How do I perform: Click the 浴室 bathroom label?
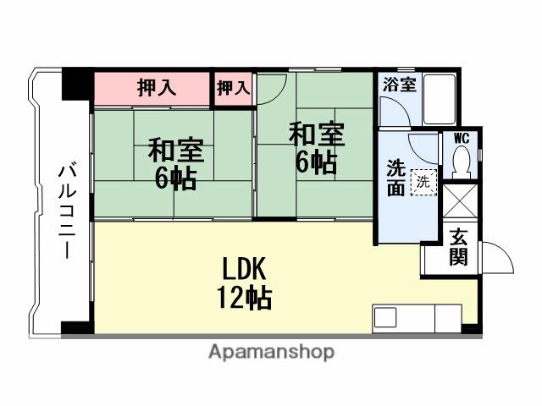tap(398, 85)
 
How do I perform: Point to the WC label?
tap(462, 138)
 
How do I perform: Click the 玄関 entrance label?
tap(457, 247)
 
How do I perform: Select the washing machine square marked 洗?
tap(422, 180)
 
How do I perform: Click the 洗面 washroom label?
tap(395, 178)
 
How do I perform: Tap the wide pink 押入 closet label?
tap(156, 88)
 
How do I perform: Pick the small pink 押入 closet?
tap(234, 88)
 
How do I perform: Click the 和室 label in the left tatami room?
tap(174, 151)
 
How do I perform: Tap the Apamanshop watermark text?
tap(270, 352)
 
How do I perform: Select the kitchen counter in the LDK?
tap(415, 320)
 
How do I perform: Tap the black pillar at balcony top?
tap(76, 86)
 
